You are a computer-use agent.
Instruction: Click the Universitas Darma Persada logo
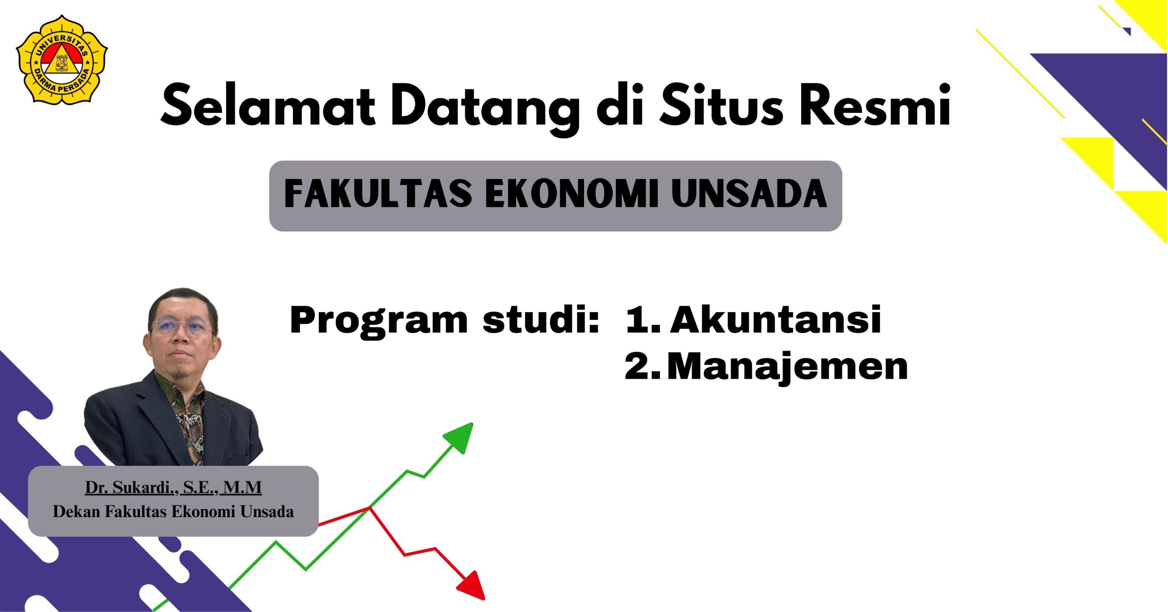pos(62,60)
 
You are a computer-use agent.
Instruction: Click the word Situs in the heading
pos(721,105)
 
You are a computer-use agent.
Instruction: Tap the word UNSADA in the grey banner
pos(749,194)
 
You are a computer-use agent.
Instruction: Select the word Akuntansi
pos(775,320)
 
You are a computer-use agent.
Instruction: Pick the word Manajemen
pos(787,367)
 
